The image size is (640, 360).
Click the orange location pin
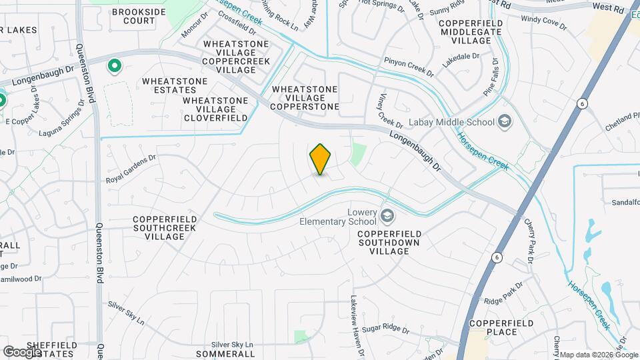point(321,159)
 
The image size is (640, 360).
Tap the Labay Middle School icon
point(505,121)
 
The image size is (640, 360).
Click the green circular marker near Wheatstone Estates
point(114,65)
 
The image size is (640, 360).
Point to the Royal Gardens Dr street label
point(131,169)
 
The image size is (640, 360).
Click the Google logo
point(23,351)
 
